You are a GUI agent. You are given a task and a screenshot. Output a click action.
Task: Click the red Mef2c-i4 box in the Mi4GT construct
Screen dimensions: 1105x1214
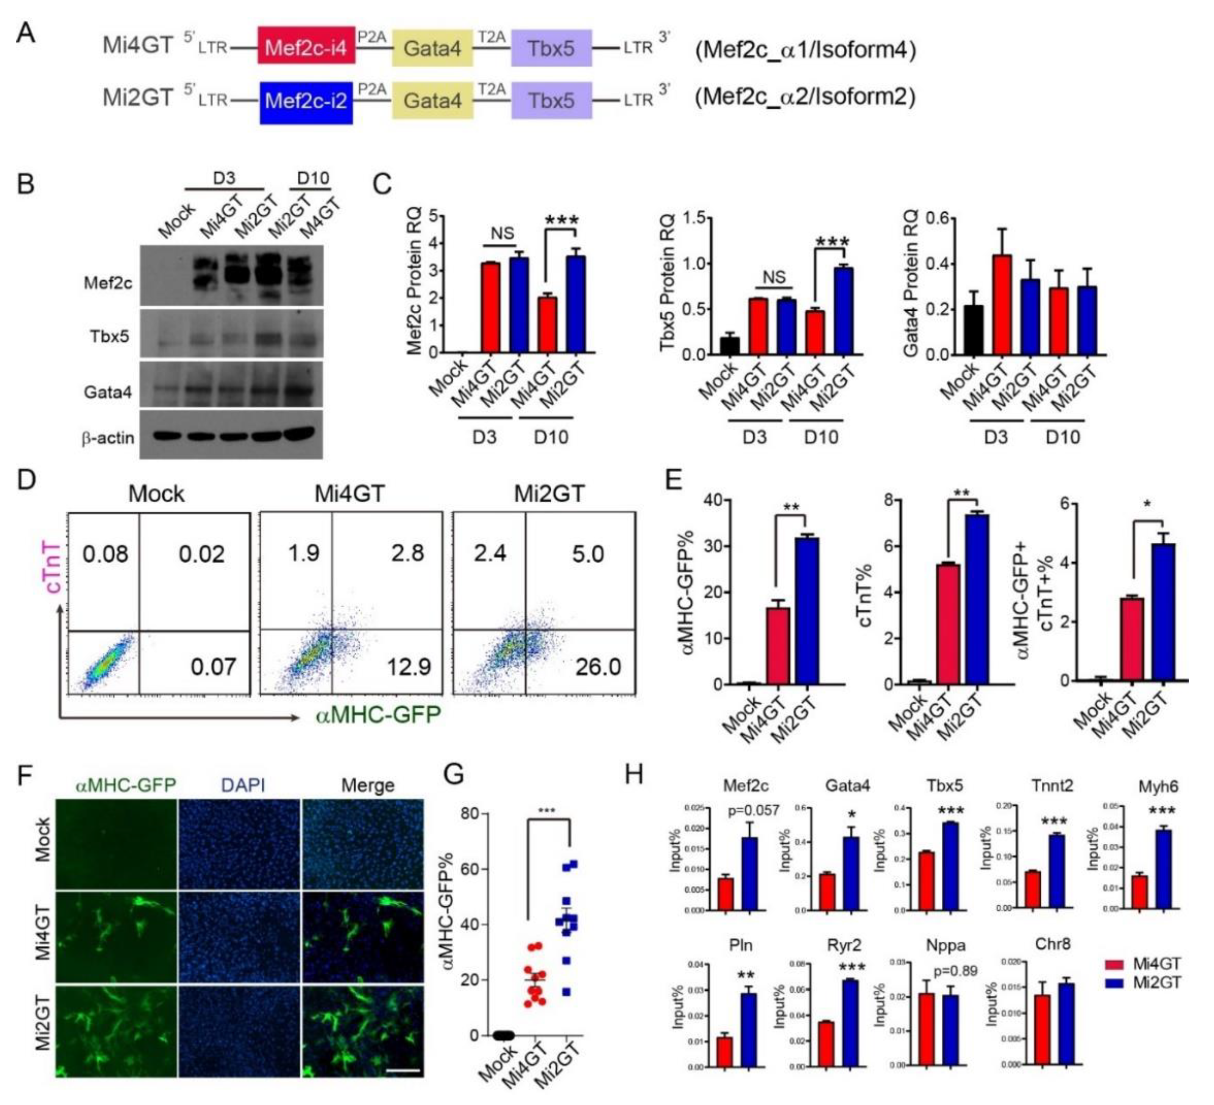(306, 47)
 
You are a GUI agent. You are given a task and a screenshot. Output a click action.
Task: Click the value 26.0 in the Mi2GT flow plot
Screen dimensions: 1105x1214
(598, 666)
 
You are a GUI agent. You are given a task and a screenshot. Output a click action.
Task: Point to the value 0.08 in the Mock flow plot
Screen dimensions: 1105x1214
(105, 554)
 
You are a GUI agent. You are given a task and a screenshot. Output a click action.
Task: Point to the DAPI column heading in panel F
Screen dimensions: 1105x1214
(243, 785)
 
